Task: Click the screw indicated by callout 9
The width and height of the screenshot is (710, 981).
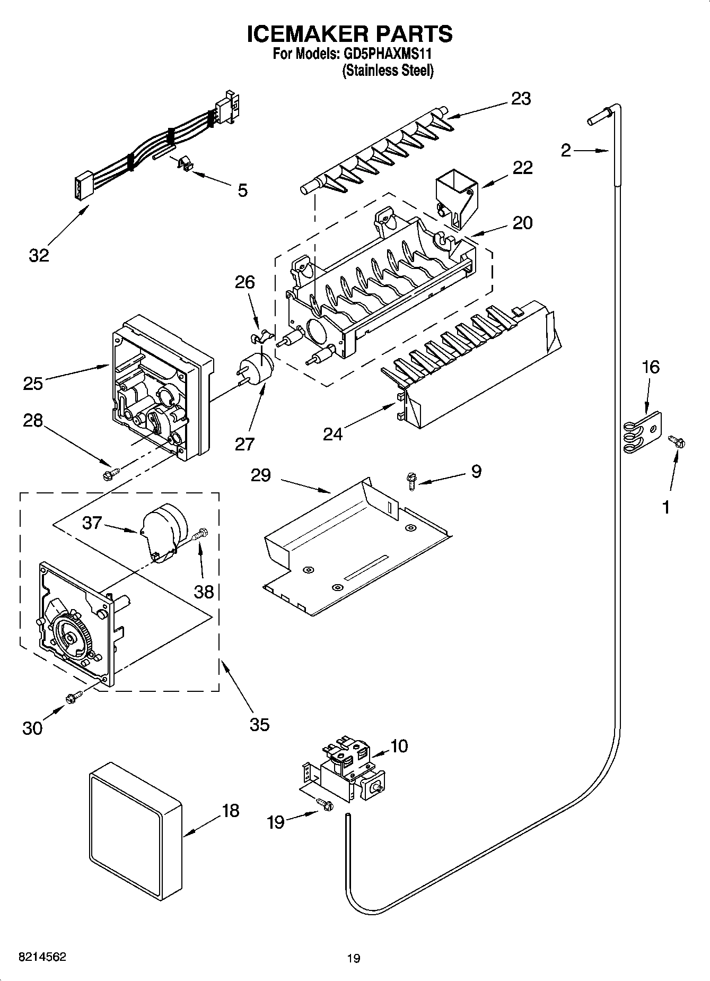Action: point(410,481)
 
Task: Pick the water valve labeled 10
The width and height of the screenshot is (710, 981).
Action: point(350,767)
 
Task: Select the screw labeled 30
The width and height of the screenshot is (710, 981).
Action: point(73,698)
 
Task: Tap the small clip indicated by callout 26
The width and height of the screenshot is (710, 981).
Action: point(261,336)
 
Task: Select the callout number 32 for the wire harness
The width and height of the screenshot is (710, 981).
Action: point(39,255)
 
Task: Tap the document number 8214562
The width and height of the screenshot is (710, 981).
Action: point(42,957)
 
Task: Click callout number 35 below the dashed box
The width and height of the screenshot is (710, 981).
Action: point(259,724)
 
